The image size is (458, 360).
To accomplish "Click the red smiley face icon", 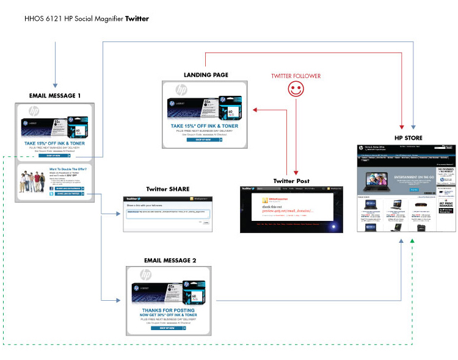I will pyautogui.click(x=295, y=91).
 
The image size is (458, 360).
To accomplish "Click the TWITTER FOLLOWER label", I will pyautogui.click(x=296, y=76).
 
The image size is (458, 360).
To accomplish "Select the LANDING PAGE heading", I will pyautogui.click(x=206, y=75).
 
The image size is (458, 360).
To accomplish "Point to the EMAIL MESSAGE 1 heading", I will pyautogui.click(x=55, y=96).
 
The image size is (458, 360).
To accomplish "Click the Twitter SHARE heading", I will pyautogui.click(x=167, y=189).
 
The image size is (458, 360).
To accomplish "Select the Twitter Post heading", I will pyautogui.click(x=291, y=181).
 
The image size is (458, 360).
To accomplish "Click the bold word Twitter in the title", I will pyautogui.click(x=137, y=18).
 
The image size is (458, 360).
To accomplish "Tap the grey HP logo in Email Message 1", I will pyautogui.click(x=34, y=112).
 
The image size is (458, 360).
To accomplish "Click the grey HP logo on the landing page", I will pyautogui.click(x=181, y=90).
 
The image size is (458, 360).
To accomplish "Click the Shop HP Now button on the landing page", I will pyautogui.click(x=204, y=140).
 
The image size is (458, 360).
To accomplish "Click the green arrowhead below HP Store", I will pyautogui.click(x=413, y=242).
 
